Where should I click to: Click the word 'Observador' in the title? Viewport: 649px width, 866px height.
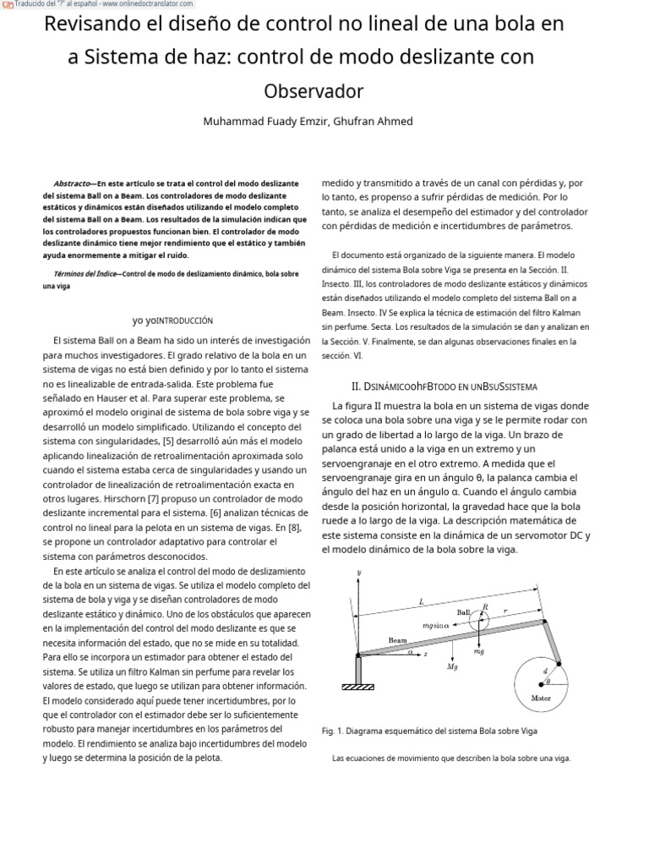pyautogui.click(x=314, y=90)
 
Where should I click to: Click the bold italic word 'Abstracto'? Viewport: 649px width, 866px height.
pyautogui.click(x=73, y=184)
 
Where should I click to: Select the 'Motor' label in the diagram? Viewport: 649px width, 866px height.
pyautogui.click(x=541, y=698)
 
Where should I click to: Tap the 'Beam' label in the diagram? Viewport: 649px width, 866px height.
pyautogui.click(x=397, y=640)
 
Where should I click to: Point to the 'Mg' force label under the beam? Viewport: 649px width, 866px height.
pyautogui.click(x=452, y=666)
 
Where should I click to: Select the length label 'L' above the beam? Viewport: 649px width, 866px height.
pyautogui.click(x=422, y=601)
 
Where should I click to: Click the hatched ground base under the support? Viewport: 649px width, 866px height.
pyautogui.click(x=357, y=687)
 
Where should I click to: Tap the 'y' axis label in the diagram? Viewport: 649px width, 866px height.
pyautogui.click(x=359, y=573)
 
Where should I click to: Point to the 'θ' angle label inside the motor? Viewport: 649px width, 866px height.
pyautogui.click(x=548, y=681)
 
